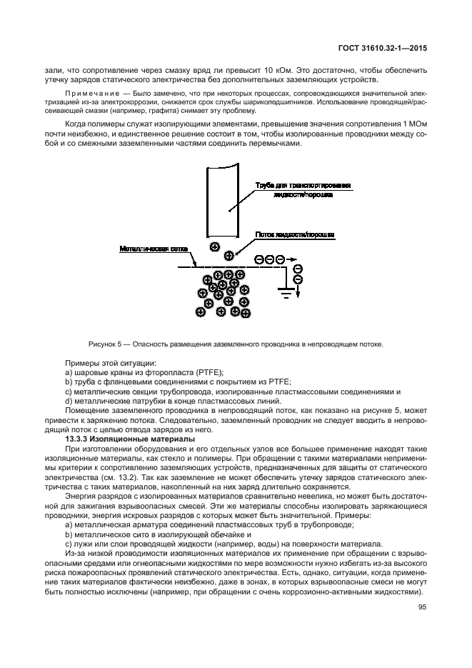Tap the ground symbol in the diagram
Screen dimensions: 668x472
(285, 291)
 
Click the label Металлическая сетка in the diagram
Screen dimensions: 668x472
(144, 249)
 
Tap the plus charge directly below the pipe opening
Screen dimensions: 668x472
(214, 246)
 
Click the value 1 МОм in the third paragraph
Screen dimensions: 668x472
(413, 126)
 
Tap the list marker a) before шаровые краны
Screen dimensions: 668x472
(69, 373)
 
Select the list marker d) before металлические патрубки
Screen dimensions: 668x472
(69, 401)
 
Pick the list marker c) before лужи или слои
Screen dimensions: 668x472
(69, 543)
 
